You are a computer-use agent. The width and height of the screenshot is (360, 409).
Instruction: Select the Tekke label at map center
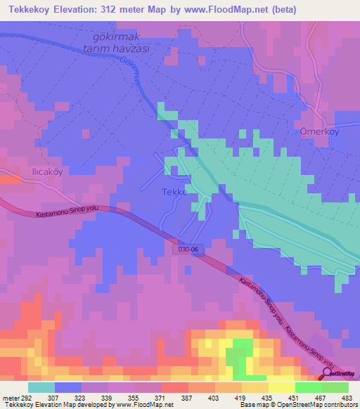(x=174, y=193)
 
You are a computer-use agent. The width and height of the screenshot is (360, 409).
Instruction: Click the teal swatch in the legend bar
(x=41, y=387)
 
